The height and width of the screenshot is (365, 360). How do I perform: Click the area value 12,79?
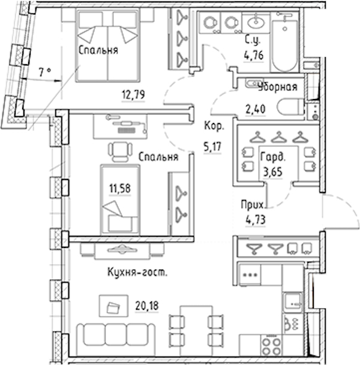tap(133, 95)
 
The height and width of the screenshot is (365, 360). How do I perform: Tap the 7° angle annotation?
tap(45, 73)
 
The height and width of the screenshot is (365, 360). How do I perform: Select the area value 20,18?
tap(147, 306)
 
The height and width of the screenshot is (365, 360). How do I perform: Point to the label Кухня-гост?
tap(137, 272)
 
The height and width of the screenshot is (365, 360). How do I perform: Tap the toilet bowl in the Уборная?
tap(290, 107)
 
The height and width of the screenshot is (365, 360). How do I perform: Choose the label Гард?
tap(272, 157)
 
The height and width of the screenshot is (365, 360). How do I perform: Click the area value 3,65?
tap(272, 172)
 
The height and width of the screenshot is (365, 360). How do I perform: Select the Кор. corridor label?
tap(214, 126)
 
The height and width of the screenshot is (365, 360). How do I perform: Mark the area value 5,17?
tap(212, 147)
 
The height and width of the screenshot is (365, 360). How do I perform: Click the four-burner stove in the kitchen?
tap(271, 346)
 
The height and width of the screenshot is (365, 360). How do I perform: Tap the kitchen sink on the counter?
tap(293, 302)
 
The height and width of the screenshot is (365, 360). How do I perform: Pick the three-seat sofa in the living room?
tap(116, 336)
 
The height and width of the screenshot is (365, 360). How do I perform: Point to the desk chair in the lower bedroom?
tap(121, 151)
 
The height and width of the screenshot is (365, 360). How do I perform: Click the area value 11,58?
tap(120, 189)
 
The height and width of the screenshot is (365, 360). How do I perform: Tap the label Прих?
tap(253, 205)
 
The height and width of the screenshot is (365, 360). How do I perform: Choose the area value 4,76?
tap(253, 56)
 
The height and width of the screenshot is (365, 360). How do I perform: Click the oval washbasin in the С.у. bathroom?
tap(256, 22)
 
